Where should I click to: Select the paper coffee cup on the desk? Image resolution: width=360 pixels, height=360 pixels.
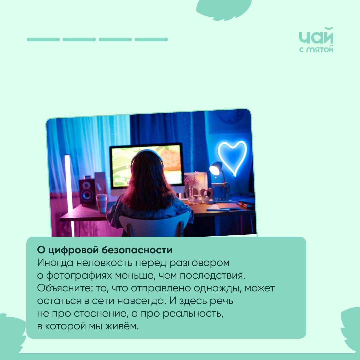(x=102, y=203)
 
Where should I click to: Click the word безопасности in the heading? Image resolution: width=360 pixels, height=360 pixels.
(x=137, y=250)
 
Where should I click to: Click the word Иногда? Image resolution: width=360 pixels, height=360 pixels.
(x=55, y=263)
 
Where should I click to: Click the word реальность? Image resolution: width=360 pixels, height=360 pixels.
(x=193, y=314)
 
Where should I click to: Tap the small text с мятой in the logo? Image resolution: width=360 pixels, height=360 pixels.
(x=316, y=49)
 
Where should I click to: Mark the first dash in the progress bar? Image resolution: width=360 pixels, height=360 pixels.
(x=43, y=39)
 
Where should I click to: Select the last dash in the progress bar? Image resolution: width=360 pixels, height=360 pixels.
(x=151, y=39)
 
